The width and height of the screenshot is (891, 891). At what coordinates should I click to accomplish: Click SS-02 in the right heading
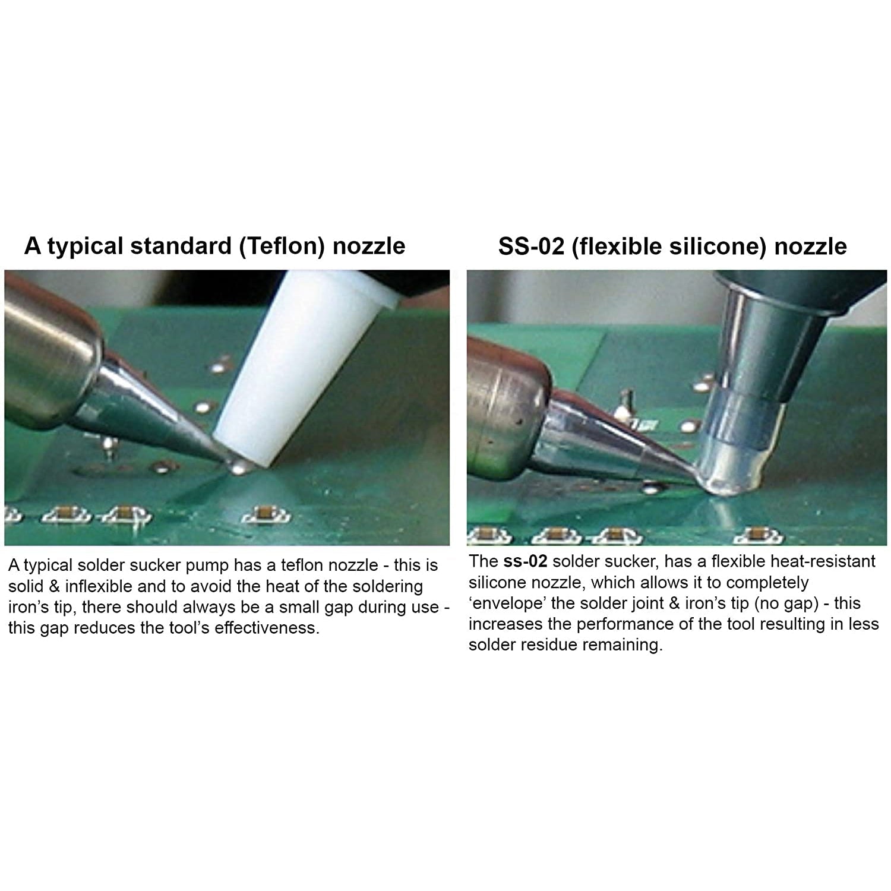coord(531,246)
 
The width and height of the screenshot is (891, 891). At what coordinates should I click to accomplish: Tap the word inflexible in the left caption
coord(98,586)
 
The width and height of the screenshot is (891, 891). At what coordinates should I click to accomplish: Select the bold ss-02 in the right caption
coord(525,561)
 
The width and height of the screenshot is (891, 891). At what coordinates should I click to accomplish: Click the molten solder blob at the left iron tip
coord(240,467)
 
